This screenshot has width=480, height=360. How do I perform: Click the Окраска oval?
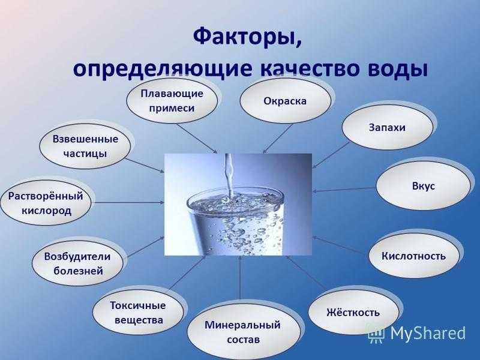(x=286, y=101)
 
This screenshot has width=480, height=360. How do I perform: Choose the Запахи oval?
(x=387, y=127)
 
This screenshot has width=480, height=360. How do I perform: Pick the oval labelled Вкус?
(x=423, y=186)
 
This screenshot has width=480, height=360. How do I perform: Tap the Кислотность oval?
(x=414, y=256)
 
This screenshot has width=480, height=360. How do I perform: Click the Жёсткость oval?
(x=353, y=312)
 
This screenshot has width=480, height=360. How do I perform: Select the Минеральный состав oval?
(x=243, y=332)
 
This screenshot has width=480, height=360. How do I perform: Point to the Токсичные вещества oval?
(x=138, y=313)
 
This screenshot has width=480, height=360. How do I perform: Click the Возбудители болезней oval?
(x=77, y=263)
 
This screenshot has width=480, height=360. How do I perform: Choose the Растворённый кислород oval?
(x=46, y=203)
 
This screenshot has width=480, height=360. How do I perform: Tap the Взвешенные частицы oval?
(x=85, y=146)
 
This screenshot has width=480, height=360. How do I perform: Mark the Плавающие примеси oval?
(x=172, y=101)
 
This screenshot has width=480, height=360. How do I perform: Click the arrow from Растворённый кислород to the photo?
(x=128, y=203)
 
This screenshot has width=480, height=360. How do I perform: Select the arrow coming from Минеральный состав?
(x=241, y=278)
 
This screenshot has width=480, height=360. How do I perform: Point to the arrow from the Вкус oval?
(x=344, y=190)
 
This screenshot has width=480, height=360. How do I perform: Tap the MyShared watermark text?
(x=428, y=333)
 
